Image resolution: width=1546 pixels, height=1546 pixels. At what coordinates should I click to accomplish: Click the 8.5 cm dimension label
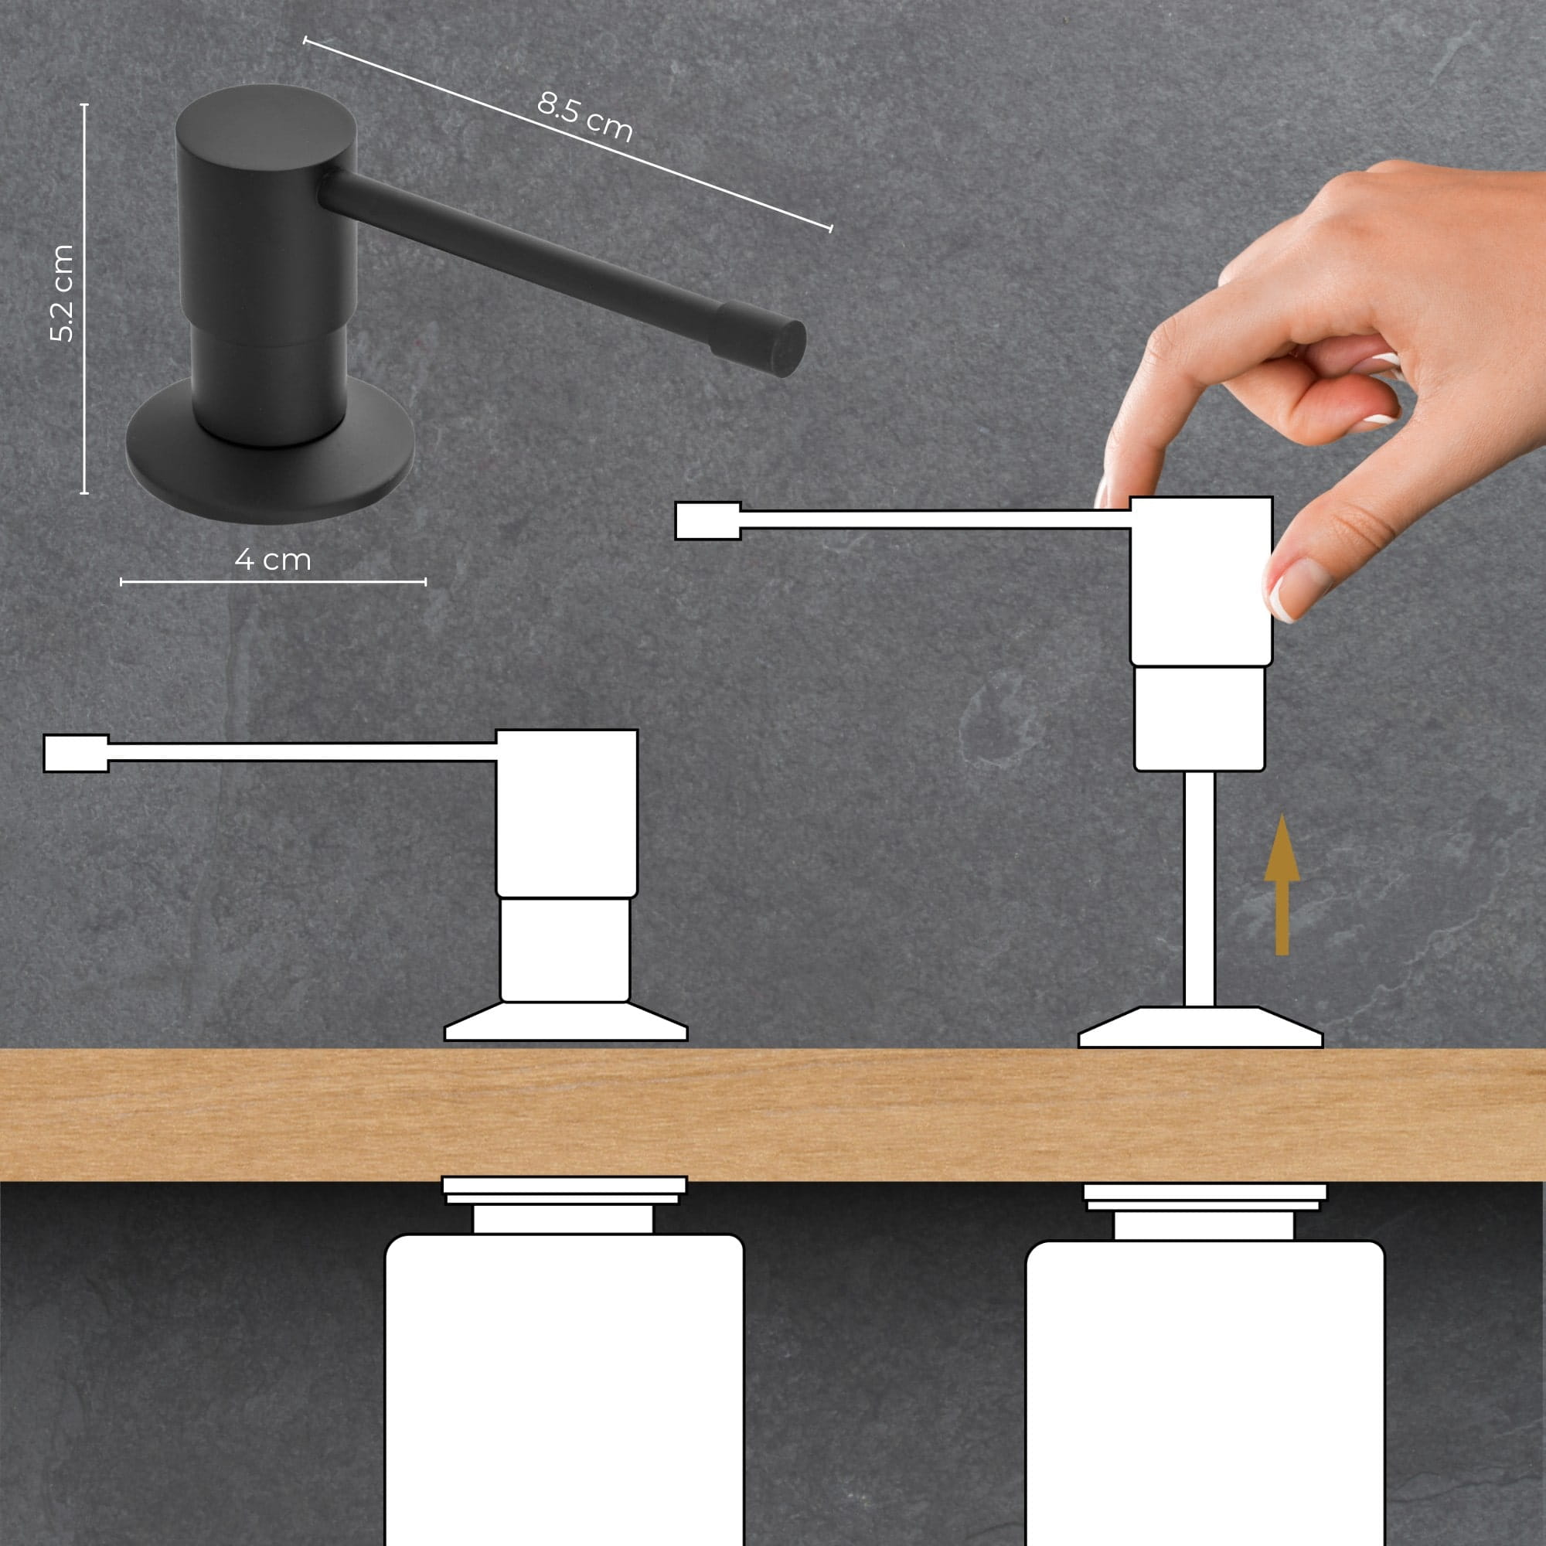tap(585, 117)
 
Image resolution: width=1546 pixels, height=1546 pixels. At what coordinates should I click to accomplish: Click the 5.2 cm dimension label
tap(62, 294)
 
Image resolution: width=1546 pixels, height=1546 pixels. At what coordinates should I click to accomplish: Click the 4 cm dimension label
tap(273, 560)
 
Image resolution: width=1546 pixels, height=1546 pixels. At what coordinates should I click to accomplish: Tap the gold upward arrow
tap(1282, 885)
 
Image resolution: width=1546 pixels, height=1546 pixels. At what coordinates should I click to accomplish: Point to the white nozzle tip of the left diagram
tap(76, 753)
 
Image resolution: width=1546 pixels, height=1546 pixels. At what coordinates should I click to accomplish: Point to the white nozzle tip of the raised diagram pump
tap(708, 520)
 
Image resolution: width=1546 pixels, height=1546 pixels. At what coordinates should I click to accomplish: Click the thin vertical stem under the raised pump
tap(1199, 889)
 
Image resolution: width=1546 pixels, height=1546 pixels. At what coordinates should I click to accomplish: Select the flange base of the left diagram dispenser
tap(566, 1021)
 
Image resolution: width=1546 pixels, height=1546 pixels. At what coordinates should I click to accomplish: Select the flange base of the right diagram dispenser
tap(1200, 1027)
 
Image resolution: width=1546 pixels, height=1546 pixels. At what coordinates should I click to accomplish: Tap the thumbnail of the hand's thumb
tap(1294, 589)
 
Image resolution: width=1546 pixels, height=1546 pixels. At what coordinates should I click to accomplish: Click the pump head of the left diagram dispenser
tap(567, 813)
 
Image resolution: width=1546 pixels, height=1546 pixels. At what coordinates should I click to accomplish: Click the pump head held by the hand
tap(1201, 581)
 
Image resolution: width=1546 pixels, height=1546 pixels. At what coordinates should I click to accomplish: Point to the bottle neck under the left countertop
tap(564, 1220)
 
